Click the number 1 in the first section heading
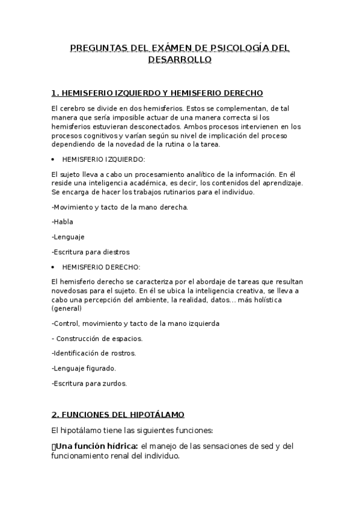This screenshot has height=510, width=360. [x=54, y=93]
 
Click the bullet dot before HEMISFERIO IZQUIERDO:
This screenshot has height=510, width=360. [x=54, y=159]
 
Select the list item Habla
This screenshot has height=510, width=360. [x=63, y=221]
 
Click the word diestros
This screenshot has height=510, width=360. [x=117, y=252]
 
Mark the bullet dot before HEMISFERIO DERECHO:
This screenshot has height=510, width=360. [x=54, y=266]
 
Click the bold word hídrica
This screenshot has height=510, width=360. [x=121, y=446]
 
